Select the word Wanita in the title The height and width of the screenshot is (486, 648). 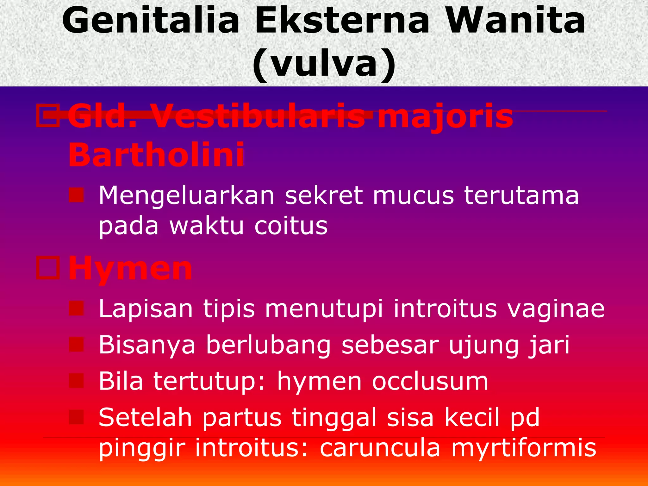point(516,21)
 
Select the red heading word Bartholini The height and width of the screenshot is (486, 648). point(156,155)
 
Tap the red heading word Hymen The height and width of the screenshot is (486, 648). point(130,269)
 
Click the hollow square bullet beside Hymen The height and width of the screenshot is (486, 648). point(48,268)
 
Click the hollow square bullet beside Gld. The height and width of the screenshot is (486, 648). point(48,116)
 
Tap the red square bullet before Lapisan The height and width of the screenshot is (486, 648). point(76,308)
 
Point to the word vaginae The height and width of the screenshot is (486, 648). point(556,309)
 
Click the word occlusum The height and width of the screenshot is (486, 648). point(430,381)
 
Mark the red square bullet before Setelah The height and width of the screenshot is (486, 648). point(76,417)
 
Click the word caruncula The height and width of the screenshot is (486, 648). point(380,448)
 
